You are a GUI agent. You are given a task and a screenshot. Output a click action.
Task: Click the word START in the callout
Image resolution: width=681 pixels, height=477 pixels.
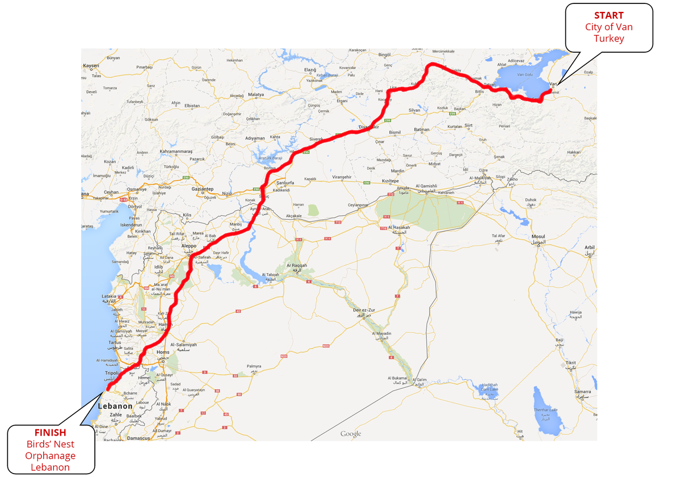[608, 15]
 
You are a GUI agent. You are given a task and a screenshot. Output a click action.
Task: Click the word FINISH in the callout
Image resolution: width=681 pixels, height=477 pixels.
[50, 433]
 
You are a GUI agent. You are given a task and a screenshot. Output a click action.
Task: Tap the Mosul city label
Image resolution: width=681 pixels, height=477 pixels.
[538, 236]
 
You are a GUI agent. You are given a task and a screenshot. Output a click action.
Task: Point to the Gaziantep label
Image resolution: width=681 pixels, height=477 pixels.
[203, 189]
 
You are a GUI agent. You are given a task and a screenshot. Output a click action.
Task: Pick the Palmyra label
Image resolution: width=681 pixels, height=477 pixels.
[254, 366]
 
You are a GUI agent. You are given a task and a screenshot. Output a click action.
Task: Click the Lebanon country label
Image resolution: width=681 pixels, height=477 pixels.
[115, 406]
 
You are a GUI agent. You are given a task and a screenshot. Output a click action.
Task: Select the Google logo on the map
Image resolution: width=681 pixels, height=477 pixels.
[351, 434]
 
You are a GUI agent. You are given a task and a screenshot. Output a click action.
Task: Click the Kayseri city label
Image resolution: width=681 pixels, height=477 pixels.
[91, 66]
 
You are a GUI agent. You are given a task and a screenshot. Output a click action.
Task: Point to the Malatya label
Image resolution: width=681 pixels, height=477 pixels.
[256, 94]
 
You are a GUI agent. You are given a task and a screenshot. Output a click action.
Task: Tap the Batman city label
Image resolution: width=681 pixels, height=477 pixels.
[422, 129]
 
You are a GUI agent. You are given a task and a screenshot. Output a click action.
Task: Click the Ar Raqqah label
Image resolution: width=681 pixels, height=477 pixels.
[296, 265]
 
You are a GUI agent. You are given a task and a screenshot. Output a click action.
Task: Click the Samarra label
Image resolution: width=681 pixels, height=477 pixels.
[582, 392]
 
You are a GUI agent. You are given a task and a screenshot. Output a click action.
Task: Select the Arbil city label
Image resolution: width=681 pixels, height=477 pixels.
[590, 248]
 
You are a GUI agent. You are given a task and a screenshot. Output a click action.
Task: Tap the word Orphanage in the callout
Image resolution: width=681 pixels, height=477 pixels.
[50, 456]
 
